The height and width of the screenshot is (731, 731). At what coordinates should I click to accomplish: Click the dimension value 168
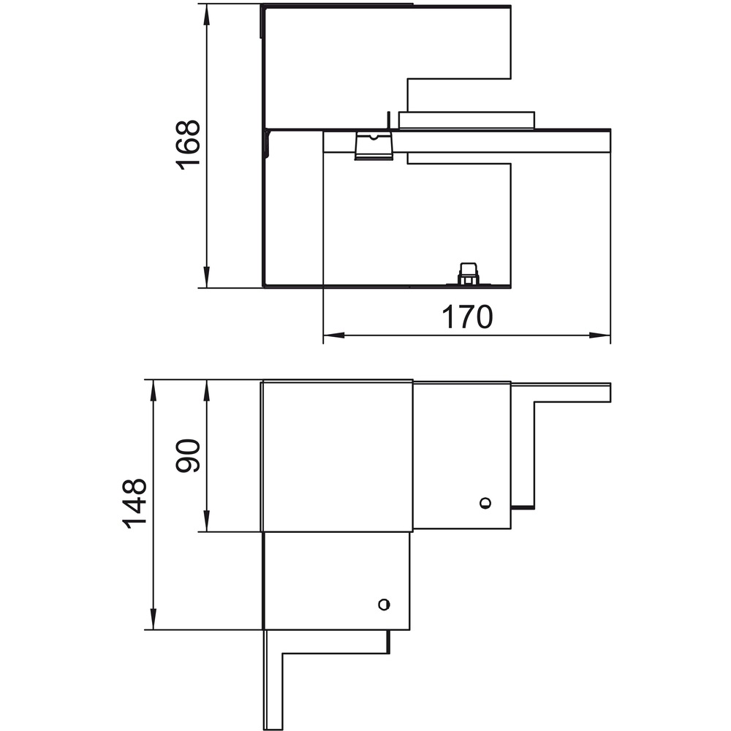point(188,145)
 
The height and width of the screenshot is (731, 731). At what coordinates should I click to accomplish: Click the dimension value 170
point(466,317)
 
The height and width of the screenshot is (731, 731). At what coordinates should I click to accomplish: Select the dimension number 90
point(188,455)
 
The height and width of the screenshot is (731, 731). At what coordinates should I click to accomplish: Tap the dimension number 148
point(135,504)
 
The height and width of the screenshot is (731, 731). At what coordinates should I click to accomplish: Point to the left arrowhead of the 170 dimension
point(334,335)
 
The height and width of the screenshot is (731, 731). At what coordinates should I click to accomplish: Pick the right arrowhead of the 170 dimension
point(599,335)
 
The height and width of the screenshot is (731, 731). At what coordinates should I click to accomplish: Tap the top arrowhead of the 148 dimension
point(153,390)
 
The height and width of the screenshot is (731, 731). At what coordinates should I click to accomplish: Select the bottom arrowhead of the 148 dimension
point(153,618)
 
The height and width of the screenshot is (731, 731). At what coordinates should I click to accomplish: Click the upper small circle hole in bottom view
point(485,503)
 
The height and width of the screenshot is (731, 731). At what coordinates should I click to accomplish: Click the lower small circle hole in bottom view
point(384,605)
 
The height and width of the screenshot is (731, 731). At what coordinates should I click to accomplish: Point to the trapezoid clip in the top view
point(373,145)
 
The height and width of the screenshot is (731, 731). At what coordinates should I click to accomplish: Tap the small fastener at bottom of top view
point(468,274)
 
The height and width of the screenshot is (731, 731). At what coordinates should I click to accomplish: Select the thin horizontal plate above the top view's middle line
point(466,120)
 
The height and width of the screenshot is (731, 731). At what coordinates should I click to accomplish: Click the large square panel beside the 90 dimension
point(336,456)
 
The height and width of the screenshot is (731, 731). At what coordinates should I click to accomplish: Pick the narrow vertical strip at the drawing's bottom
point(273,679)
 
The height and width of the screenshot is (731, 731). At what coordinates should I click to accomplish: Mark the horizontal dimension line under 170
point(466,335)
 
